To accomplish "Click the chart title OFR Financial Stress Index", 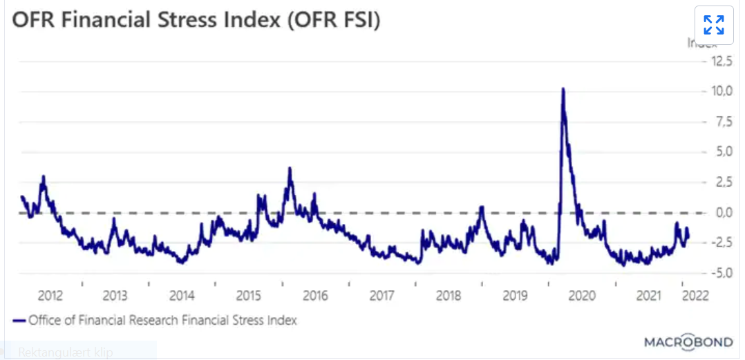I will [196, 20].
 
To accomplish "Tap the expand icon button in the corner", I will [713, 26].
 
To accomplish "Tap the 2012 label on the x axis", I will [50, 296].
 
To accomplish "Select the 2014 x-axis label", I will [182, 296].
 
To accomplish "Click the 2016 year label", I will [315, 296].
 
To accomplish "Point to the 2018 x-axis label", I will [449, 296].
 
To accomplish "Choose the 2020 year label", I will [582, 296].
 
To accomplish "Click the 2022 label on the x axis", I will [695, 296].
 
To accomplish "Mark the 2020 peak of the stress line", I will [563, 89].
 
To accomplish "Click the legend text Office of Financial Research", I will [163, 321].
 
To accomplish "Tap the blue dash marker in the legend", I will [19, 321].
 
